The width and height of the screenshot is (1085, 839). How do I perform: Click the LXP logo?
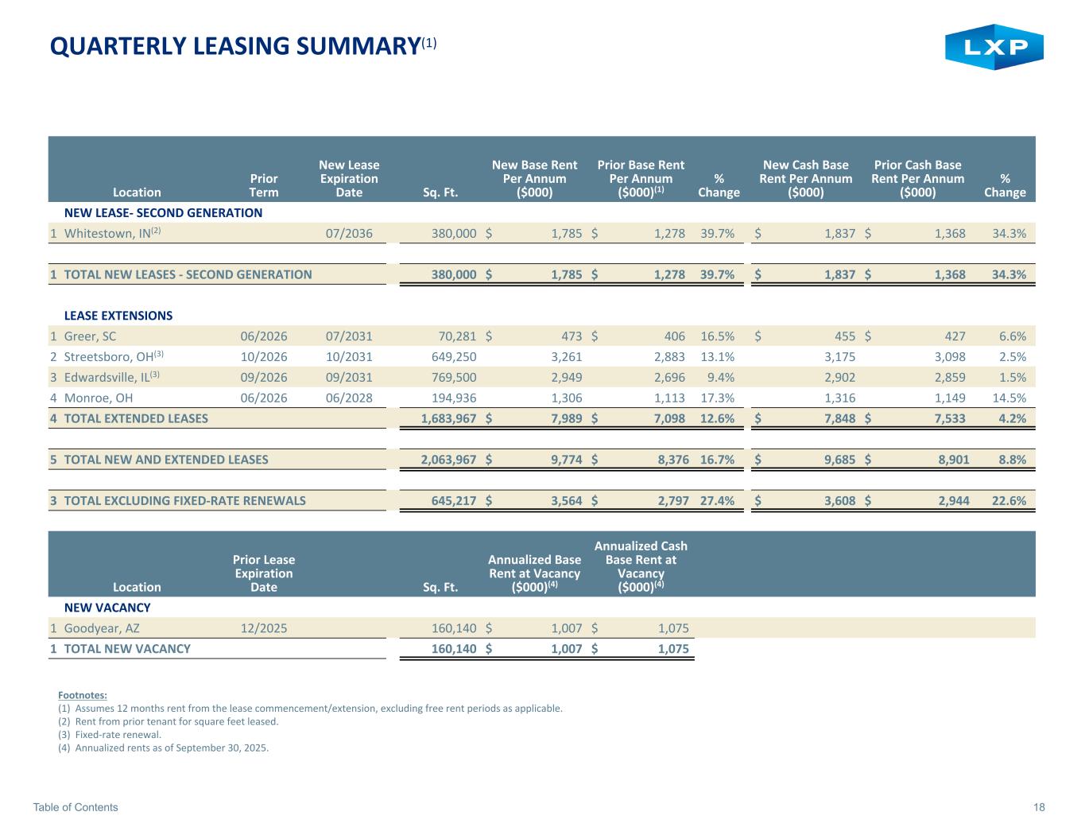coord(994,47)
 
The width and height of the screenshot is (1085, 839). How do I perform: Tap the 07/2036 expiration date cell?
coord(349,233)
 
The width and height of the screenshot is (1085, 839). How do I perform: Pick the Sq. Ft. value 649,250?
coord(451,357)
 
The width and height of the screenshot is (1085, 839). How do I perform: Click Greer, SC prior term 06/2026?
coord(264,336)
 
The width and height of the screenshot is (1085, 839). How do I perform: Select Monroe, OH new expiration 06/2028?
coord(349,398)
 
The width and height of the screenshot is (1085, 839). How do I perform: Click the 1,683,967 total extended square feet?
coord(448,418)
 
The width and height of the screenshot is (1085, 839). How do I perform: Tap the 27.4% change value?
coord(717,501)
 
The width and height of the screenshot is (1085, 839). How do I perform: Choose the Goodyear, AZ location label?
coord(102,628)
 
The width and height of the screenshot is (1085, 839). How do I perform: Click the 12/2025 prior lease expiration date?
coord(264,628)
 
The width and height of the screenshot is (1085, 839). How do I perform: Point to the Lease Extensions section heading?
coord(118,316)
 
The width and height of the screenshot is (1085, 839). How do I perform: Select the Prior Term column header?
coord(264,185)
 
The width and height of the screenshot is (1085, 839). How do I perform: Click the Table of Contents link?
coord(76,807)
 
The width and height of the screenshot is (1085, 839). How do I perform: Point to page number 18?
coord(1039,807)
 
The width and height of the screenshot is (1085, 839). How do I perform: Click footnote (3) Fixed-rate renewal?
coord(110,735)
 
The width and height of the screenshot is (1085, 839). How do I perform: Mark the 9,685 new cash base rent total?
coord(839,460)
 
